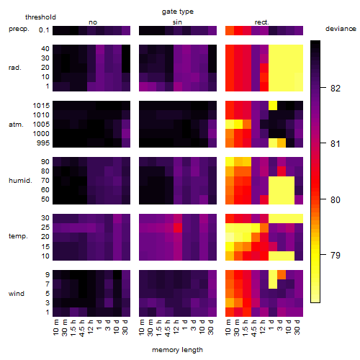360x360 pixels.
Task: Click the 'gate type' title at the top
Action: click(x=178, y=12)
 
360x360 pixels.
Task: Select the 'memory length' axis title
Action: click(x=177, y=350)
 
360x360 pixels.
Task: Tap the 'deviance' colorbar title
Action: click(x=341, y=29)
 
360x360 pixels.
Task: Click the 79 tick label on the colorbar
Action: click(x=336, y=255)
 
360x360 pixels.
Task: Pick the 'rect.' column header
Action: click(x=262, y=22)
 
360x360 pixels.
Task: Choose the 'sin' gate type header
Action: click(x=177, y=22)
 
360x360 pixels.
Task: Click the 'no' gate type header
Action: click(x=93, y=22)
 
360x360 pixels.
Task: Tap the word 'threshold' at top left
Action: click(x=40, y=17)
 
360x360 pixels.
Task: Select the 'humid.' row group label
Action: click(x=20, y=180)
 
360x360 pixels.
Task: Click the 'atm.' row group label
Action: click(x=16, y=125)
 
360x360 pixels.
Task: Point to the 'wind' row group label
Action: click(x=17, y=293)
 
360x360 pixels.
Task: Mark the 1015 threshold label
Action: click(x=41, y=106)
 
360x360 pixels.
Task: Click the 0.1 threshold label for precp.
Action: click(x=44, y=30)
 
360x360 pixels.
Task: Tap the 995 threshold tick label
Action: click(x=43, y=143)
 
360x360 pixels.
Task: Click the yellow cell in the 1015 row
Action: click(x=273, y=105)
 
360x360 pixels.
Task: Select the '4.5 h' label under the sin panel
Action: click(x=168, y=328)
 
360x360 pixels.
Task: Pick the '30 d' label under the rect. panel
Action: click(x=297, y=328)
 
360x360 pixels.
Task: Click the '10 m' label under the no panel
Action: click(x=55, y=328)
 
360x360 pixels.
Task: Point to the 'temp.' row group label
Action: click(x=18, y=236)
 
